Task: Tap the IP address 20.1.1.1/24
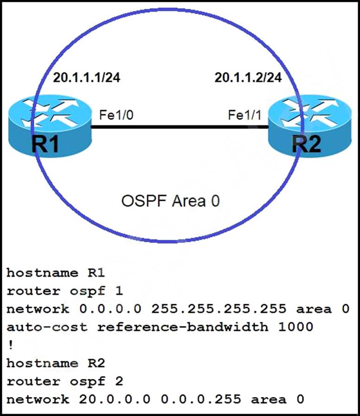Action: (87, 78)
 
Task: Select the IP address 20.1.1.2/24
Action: (248, 78)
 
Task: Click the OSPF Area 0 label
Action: (170, 201)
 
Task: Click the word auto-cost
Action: (47, 327)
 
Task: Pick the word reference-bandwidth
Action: (183, 327)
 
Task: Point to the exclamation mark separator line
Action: (9, 345)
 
